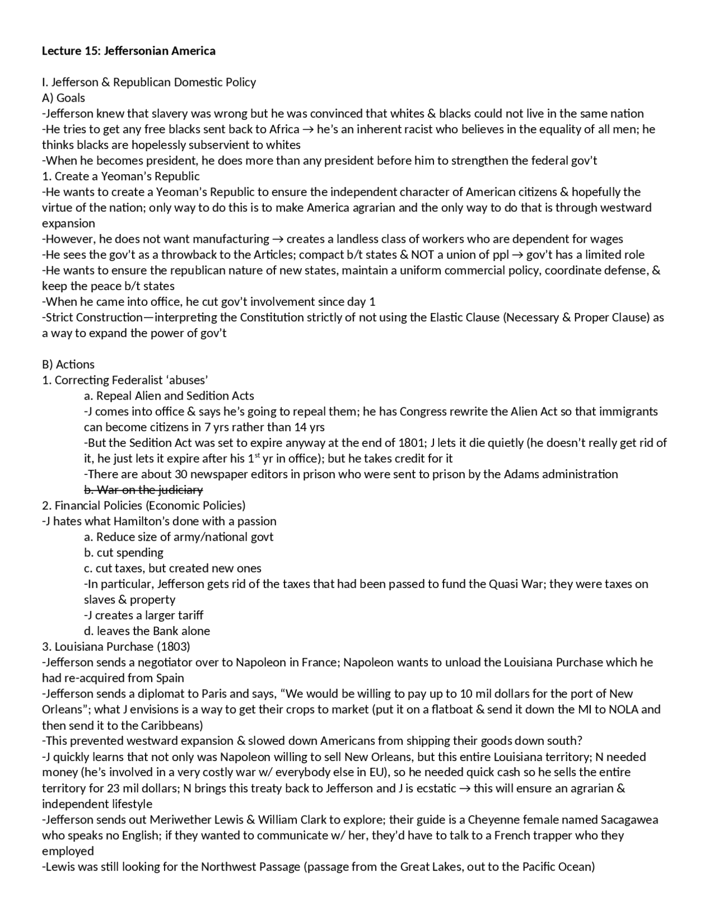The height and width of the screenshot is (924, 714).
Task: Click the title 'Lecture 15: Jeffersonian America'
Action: point(128,51)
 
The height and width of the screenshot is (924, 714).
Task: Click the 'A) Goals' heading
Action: point(64,98)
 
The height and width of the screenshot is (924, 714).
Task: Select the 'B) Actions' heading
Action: point(68,364)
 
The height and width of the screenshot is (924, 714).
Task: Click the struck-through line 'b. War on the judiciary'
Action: point(143,490)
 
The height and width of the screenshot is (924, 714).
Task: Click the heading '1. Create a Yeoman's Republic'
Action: point(120,176)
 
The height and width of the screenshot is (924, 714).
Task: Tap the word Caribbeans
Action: point(171,725)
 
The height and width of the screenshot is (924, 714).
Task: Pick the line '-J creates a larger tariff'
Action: point(143,615)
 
